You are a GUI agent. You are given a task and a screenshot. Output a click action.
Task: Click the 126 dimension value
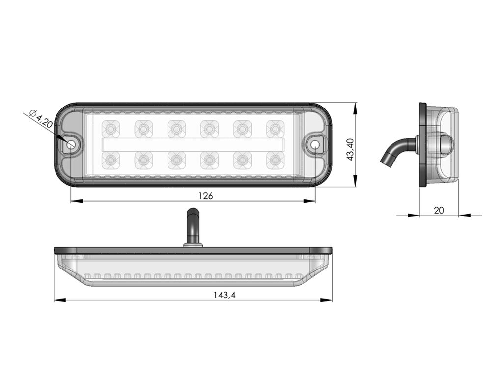pos(206,195)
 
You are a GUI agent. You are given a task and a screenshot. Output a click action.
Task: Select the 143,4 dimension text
pos(224,295)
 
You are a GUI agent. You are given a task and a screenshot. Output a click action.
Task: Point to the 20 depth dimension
pos(439,210)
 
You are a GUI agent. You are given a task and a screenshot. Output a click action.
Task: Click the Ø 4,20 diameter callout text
pos(40,119)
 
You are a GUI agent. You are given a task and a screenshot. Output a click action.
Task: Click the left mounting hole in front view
pos(70,144)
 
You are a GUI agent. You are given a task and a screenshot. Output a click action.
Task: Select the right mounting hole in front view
pos(315,144)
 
